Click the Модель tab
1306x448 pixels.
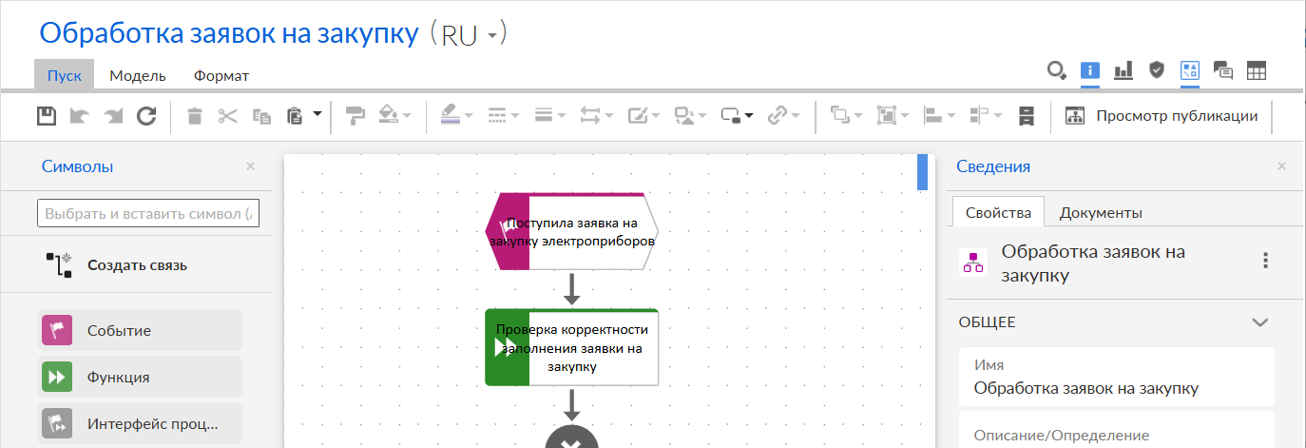point(138,76)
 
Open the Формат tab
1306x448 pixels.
point(221,76)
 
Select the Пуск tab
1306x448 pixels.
point(64,75)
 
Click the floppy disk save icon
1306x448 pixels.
point(47,116)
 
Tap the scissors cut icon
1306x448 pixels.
point(228,116)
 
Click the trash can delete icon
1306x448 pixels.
point(195,116)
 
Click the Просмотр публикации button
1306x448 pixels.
point(1161,116)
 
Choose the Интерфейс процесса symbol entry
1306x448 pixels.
point(140,423)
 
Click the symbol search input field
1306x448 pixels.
point(148,213)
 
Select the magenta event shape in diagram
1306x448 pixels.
point(572,231)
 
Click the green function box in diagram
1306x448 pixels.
point(572,348)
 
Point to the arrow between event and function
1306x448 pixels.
point(572,289)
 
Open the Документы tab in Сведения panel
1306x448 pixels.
point(1101,213)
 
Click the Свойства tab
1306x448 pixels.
point(998,213)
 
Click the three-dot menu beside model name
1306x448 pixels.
point(1265,261)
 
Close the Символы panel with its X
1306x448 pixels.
point(251,166)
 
